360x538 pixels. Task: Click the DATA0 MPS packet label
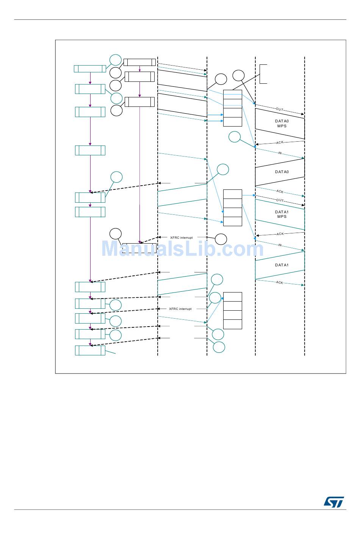click(x=282, y=124)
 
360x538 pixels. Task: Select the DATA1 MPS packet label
click(x=282, y=214)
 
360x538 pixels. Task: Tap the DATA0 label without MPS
click(x=282, y=172)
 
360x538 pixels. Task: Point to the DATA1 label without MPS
click(x=282, y=265)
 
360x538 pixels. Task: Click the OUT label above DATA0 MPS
click(x=280, y=109)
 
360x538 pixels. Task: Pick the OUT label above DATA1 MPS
click(x=280, y=200)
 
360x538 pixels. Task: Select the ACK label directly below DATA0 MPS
click(x=280, y=142)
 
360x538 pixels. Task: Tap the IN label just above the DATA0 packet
click(x=280, y=153)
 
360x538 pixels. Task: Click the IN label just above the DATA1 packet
click(x=280, y=245)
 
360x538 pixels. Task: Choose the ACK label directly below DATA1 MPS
click(x=280, y=234)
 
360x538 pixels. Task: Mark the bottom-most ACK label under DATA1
click(x=280, y=282)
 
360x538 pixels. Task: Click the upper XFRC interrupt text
click(x=181, y=238)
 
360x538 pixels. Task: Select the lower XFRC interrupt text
click(x=180, y=309)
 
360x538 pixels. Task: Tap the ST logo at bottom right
click(x=333, y=502)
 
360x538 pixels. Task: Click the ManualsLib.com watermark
click(x=182, y=249)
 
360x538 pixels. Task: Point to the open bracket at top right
click(x=263, y=74)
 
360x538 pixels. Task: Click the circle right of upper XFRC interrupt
click(x=221, y=239)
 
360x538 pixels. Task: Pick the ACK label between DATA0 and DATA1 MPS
click(x=280, y=191)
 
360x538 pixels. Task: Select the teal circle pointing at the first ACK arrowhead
click(x=235, y=137)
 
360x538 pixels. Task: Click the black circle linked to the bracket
click(x=238, y=75)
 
